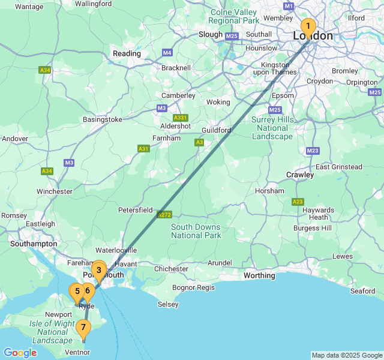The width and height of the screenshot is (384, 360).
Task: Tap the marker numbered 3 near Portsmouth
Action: pyautogui.click(x=99, y=270)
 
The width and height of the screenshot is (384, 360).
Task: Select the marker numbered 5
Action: pyautogui.click(x=77, y=292)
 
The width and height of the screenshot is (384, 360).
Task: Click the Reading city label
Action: pyautogui.click(x=127, y=53)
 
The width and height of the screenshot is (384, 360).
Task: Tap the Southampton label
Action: pyautogui.click(x=34, y=244)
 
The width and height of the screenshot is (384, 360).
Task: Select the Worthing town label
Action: pyautogui.click(x=259, y=275)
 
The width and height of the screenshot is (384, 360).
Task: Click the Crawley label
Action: pyautogui.click(x=299, y=175)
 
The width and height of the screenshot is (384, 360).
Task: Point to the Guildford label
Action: pyautogui.click(x=217, y=130)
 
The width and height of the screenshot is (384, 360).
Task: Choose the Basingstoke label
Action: pyautogui.click(x=103, y=119)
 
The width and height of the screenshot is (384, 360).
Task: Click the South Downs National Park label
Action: pyautogui.click(x=196, y=231)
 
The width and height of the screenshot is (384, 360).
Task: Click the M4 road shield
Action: pyautogui.click(x=167, y=52)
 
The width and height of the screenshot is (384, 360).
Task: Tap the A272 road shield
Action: pyautogui.click(x=164, y=214)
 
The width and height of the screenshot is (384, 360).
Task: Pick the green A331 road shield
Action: pyautogui.click(x=180, y=118)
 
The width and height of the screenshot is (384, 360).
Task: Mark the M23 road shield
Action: pyautogui.click(x=313, y=151)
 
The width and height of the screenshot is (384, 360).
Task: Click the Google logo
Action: pyautogui.click(x=20, y=353)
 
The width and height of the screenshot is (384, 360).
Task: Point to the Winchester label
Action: pyautogui.click(x=54, y=191)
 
